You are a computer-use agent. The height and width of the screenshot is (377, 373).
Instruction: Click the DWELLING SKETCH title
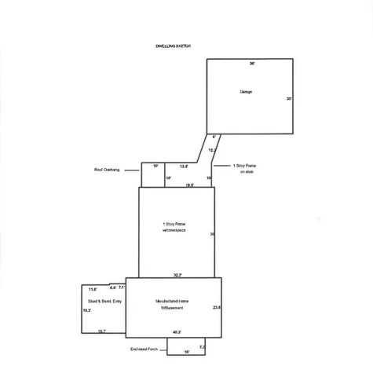(x=174, y=46)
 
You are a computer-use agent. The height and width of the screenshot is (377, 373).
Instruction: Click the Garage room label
(x=246, y=92)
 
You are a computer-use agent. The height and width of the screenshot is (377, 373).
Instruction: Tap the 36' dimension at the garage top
(x=252, y=62)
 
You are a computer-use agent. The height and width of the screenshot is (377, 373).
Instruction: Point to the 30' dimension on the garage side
(x=289, y=99)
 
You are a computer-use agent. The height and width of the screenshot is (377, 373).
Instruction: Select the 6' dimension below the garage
(x=214, y=137)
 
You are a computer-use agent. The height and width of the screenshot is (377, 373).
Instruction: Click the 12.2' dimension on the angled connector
(x=212, y=149)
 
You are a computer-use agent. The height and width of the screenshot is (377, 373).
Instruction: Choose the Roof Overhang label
(x=106, y=169)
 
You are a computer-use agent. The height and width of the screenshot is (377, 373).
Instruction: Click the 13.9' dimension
(x=184, y=167)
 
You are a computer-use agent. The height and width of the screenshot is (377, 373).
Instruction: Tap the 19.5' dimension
(x=189, y=185)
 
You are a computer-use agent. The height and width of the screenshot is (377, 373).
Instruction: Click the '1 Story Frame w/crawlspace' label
(x=174, y=227)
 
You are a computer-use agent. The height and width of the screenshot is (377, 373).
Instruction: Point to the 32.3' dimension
(x=178, y=275)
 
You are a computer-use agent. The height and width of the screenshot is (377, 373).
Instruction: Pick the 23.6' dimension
(x=217, y=307)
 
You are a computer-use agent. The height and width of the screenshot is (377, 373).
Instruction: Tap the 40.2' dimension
(x=177, y=331)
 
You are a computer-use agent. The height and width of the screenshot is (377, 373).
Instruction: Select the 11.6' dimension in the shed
(x=93, y=290)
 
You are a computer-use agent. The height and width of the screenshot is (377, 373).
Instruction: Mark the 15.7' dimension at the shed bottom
(x=102, y=331)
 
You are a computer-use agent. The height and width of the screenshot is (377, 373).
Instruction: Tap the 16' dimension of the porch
(x=187, y=352)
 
